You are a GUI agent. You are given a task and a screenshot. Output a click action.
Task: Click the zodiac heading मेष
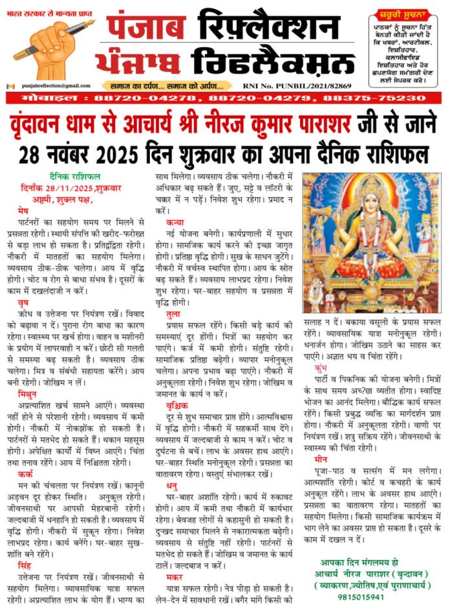[25, 211]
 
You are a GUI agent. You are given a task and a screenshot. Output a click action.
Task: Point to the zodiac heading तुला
[173, 313]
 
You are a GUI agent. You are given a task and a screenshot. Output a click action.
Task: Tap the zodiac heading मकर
[174, 575]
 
